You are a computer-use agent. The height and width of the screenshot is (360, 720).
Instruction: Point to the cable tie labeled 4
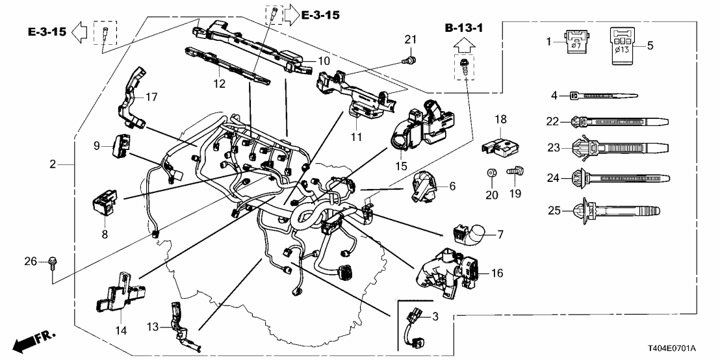pyautogui.click(x=601, y=96)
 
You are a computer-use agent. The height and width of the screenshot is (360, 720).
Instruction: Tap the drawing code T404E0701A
pyautogui.click(x=680, y=348)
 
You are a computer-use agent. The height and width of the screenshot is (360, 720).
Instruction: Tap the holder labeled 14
pyautogui.click(x=118, y=293)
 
